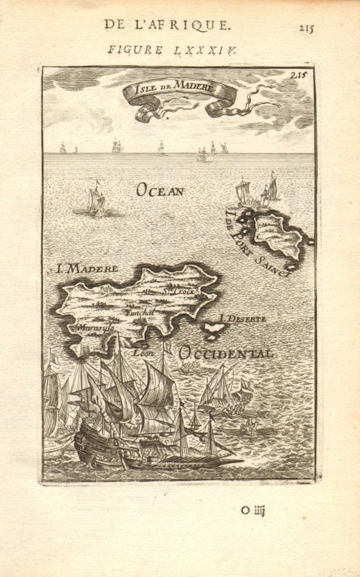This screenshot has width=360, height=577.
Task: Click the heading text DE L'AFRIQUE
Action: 166,24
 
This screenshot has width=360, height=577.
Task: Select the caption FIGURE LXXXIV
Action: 172,50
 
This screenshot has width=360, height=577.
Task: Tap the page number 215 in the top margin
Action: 306,29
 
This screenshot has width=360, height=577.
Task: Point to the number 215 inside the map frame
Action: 302,74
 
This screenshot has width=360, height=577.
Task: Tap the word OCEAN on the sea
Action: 160,190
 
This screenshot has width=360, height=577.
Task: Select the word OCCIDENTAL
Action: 226,353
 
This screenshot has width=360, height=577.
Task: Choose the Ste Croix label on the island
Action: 178,291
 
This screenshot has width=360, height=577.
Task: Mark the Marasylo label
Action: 96,327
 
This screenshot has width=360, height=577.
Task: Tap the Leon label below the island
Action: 144,353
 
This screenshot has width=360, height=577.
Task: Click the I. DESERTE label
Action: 243,319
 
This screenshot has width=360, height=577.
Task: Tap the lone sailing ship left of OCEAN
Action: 96,201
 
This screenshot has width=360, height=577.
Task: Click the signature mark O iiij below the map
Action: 252,511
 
